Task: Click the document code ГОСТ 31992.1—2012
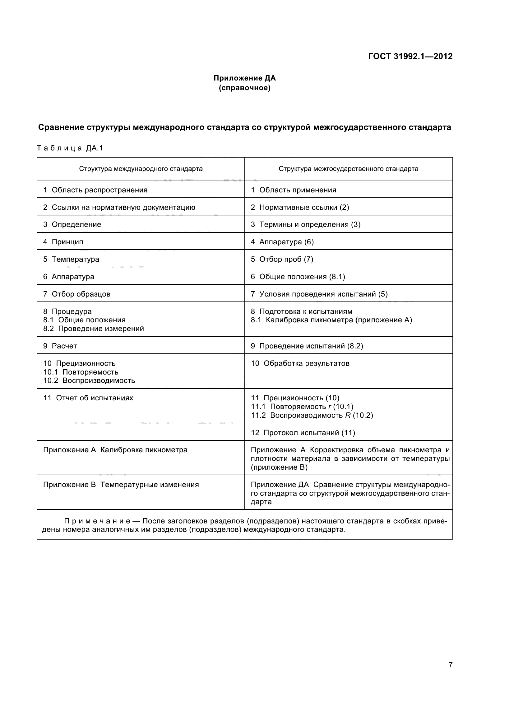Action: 410,56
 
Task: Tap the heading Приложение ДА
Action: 244,78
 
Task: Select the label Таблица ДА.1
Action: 70,148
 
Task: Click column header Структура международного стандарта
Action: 141,169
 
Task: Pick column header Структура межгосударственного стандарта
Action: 348,169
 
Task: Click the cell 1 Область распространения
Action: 95,190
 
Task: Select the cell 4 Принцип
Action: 63,242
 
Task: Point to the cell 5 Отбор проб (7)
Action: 282,259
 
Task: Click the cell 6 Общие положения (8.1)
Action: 298,277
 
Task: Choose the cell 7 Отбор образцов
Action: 76,294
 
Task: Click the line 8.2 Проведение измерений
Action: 93,329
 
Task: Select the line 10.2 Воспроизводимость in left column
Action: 89,381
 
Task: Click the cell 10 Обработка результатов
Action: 300,364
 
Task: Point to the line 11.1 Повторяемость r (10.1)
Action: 302,407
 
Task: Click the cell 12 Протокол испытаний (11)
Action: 303,433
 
